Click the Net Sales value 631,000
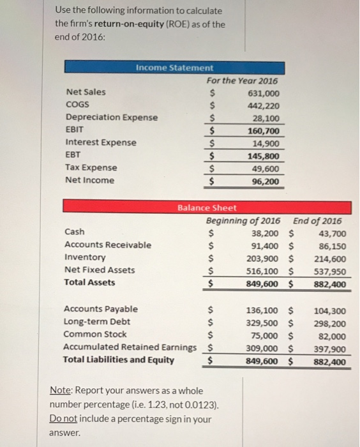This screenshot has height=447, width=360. tap(263, 93)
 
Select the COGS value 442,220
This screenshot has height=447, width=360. tap(263, 105)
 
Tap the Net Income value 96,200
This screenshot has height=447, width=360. tap(266, 181)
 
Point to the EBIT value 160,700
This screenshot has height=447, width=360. tap(263, 130)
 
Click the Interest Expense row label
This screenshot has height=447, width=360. tap(101, 142)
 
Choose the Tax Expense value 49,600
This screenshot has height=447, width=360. tap(266, 168)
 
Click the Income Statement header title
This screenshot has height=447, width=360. tap(174, 68)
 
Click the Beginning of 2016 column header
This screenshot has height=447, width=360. tap(244, 220)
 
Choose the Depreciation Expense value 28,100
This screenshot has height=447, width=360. tap(266, 118)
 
